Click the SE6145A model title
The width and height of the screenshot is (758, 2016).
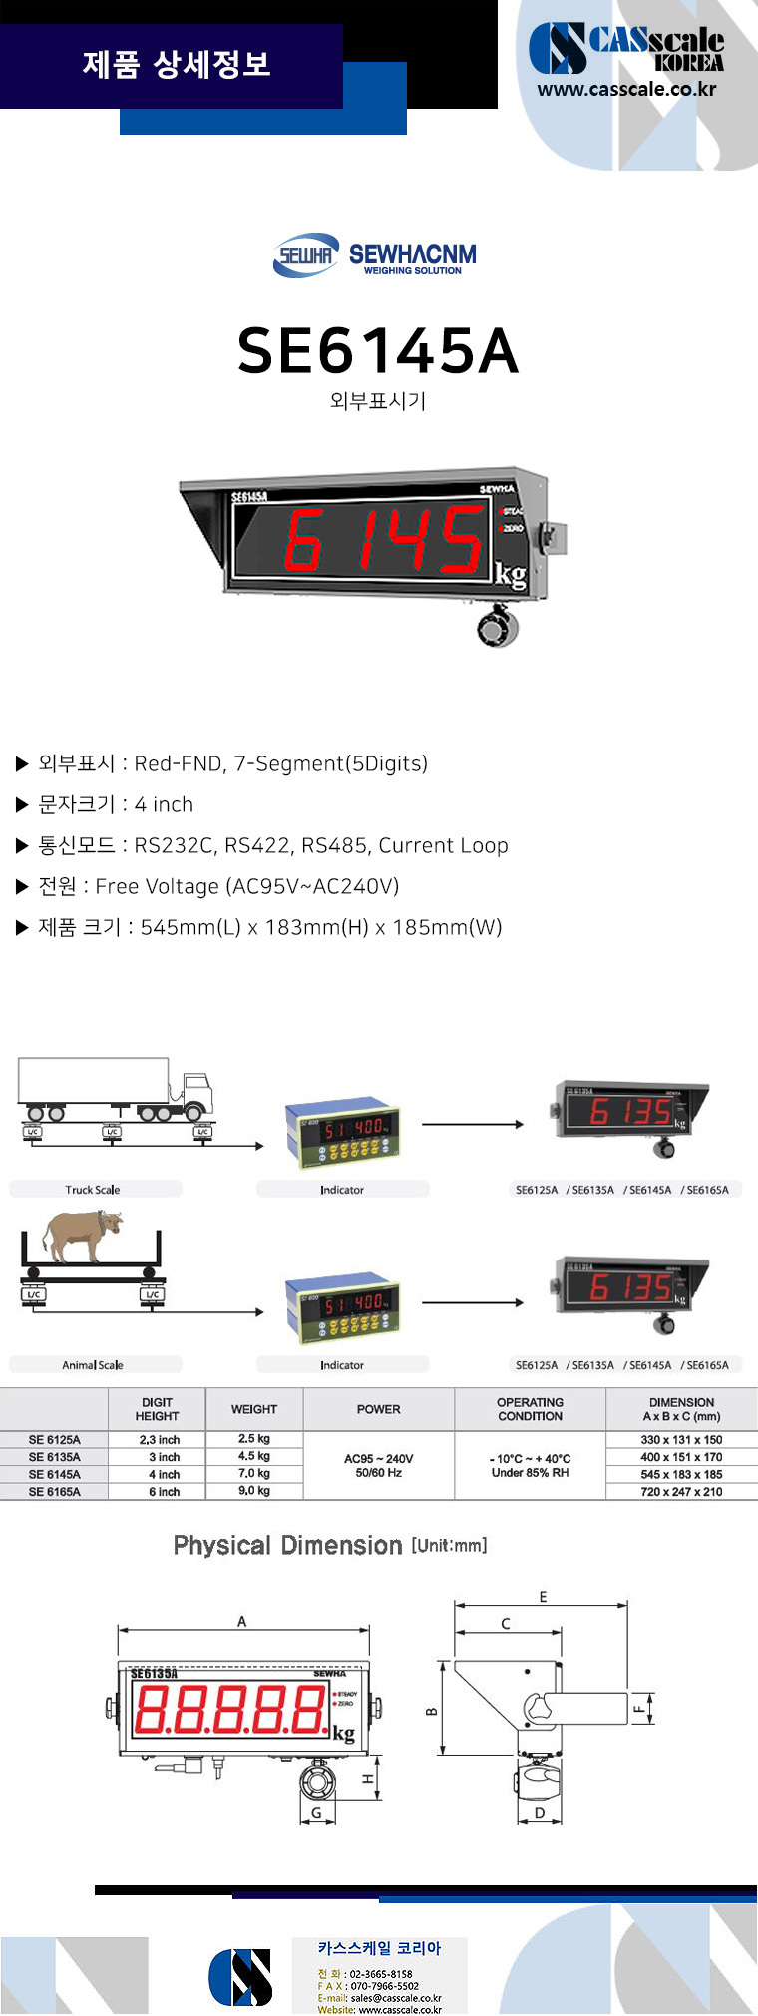pos(378,351)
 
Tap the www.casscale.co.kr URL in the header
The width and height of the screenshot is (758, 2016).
pos(626,89)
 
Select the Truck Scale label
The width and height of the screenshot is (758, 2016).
pos(93,1190)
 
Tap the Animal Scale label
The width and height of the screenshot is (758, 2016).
pos(93,1365)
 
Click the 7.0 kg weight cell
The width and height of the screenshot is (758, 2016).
pos(254,1474)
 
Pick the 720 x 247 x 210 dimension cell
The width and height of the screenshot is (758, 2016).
pos(681,1492)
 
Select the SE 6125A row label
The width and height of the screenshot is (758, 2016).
pos(54,1440)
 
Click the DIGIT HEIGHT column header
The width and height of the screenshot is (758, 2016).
pos(157,1409)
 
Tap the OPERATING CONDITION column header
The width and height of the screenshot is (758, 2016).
pos(530,1409)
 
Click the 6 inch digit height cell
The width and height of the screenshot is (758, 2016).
pos(165,1492)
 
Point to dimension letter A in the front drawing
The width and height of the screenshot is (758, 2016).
pos(241,1622)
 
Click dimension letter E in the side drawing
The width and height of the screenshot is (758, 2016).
pos(543,1597)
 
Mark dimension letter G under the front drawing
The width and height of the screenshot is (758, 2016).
pos(316,1813)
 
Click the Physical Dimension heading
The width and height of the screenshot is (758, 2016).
pos(287,1546)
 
